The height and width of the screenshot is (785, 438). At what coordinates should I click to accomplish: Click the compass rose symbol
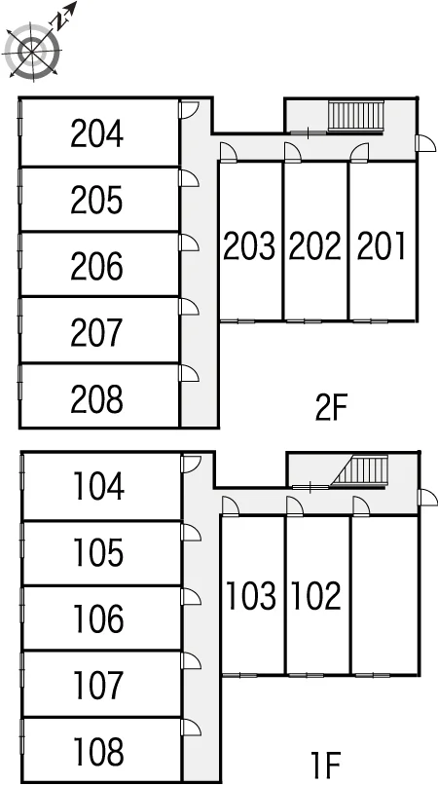[33, 51]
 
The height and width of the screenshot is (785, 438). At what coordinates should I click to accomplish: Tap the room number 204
[96, 133]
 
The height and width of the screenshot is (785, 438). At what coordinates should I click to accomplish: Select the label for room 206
[96, 266]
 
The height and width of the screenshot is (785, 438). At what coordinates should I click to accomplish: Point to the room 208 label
[96, 399]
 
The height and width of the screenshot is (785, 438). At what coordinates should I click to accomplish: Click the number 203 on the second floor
[249, 245]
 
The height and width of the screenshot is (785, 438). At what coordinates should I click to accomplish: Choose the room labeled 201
[381, 245]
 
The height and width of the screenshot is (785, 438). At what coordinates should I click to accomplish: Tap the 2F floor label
[331, 408]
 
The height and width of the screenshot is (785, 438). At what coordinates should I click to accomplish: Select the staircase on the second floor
[356, 116]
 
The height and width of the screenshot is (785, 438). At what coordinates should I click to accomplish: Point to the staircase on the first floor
[361, 471]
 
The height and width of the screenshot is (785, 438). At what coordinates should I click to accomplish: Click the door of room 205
[189, 178]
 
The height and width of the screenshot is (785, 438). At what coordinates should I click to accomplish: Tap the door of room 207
[189, 307]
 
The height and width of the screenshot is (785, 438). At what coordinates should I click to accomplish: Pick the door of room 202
[293, 152]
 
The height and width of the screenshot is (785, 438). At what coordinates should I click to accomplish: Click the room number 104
[98, 487]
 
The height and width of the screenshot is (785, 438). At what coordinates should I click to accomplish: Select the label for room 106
[98, 618]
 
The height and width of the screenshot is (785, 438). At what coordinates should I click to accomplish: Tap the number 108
[98, 752]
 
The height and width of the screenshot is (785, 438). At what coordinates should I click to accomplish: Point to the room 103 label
[251, 596]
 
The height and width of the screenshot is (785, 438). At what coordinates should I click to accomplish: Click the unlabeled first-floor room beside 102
[384, 595]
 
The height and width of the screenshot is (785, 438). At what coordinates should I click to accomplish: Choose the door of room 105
[191, 532]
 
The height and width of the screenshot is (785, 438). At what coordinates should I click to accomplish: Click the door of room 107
[191, 661]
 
